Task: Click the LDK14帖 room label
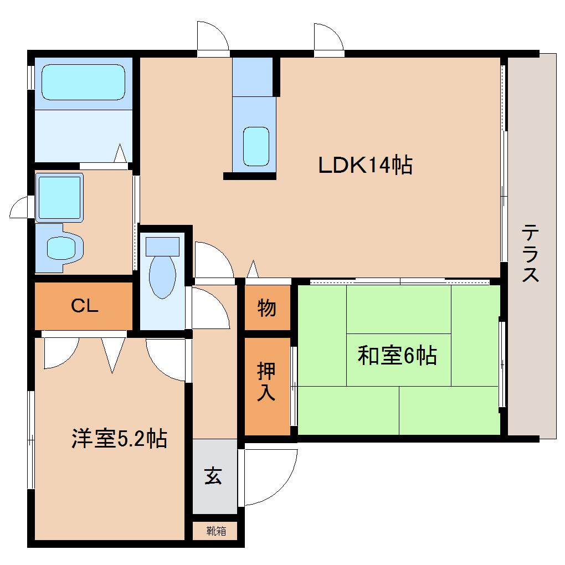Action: point(365,165)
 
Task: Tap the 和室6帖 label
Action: point(397,356)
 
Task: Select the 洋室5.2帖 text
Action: point(119,439)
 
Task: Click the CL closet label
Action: point(84,306)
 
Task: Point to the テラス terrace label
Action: point(531,253)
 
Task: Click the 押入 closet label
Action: point(267,382)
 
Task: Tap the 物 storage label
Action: point(267,307)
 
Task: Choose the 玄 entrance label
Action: point(214,476)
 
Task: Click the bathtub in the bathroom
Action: point(83,82)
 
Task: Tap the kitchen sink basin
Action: point(256,146)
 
